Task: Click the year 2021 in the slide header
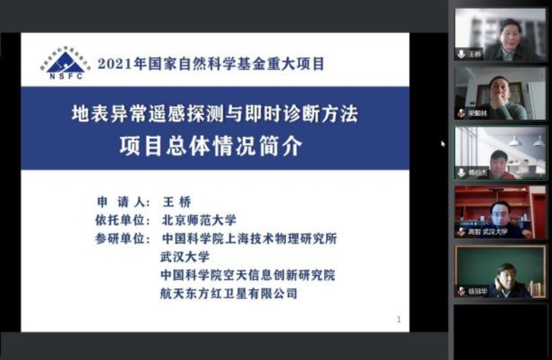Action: pyautogui.click(x=111, y=63)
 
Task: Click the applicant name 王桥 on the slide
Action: pyautogui.click(x=177, y=202)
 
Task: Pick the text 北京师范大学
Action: pyautogui.click(x=199, y=220)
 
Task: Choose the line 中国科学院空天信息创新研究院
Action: pyautogui.click(x=247, y=275)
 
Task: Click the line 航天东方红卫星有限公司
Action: pyautogui.click(x=229, y=293)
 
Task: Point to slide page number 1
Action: pyautogui.click(x=399, y=319)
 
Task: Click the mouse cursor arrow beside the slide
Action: pyautogui.click(x=443, y=144)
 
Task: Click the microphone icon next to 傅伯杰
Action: pyautogui.click(x=461, y=172)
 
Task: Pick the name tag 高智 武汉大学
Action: pyautogui.click(x=487, y=232)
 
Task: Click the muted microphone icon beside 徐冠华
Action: pyautogui.click(x=461, y=291)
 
